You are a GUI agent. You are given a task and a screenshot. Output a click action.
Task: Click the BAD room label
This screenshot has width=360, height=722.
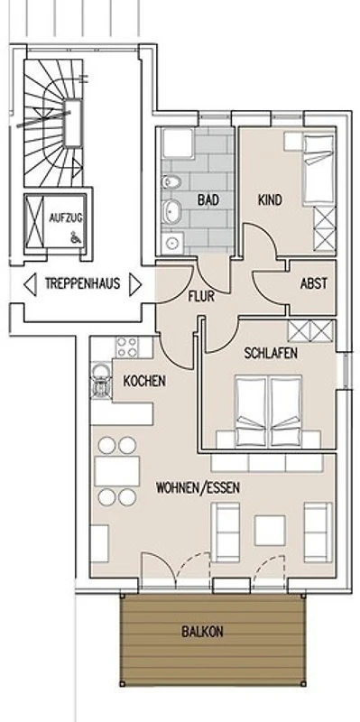point(208,200)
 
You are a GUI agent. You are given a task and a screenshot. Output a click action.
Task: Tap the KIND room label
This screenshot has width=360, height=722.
point(271,200)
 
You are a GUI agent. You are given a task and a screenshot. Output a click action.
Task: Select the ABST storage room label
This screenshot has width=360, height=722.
point(314,283)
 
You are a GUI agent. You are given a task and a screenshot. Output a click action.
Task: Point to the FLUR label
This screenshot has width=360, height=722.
point(201,297)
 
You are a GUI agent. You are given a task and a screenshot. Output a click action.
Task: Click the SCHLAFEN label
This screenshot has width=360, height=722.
point(271,353)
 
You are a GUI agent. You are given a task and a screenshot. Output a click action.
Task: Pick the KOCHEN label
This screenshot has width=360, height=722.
point(144,381)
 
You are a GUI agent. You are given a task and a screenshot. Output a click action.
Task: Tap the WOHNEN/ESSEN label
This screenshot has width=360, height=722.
point(198,488)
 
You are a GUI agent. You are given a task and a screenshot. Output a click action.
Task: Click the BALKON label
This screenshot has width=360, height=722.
point(203,631)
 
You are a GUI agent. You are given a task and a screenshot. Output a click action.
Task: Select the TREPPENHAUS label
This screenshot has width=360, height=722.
point(82,282)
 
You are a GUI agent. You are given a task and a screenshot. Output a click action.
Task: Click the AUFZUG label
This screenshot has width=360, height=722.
point(66,218)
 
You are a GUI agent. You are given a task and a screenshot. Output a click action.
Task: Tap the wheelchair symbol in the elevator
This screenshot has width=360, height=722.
point(74,237)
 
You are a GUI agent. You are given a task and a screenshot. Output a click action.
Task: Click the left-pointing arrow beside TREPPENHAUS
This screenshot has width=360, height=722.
point(30,284)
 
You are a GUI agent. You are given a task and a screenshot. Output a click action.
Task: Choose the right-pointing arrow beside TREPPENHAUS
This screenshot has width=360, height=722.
point(135,284)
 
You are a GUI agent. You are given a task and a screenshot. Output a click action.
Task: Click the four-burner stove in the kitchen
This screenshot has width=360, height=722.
point(127,347)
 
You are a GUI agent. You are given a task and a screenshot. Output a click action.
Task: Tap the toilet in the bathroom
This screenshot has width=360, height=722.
point(171,181)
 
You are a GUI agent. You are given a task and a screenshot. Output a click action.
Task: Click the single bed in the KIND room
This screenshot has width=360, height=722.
point(318,169)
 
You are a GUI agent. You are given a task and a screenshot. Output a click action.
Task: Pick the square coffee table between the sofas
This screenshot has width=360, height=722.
point(270,531)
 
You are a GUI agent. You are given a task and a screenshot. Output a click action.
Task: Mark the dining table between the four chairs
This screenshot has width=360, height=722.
point(117,471)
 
